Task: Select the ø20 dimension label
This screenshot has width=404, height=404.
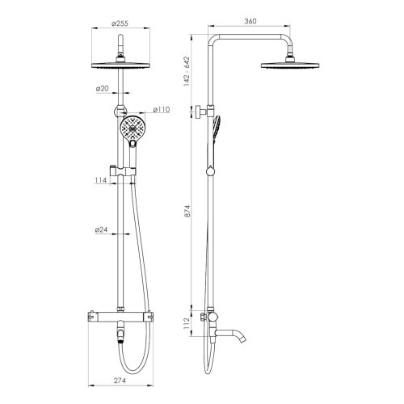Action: coord(103,89)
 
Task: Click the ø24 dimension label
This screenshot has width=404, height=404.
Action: coord(103,231)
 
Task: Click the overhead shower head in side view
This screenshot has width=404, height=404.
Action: coord(290,65)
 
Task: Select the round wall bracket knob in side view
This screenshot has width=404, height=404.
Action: coord(197,112)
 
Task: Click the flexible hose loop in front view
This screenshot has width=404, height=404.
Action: coord(139,267)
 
